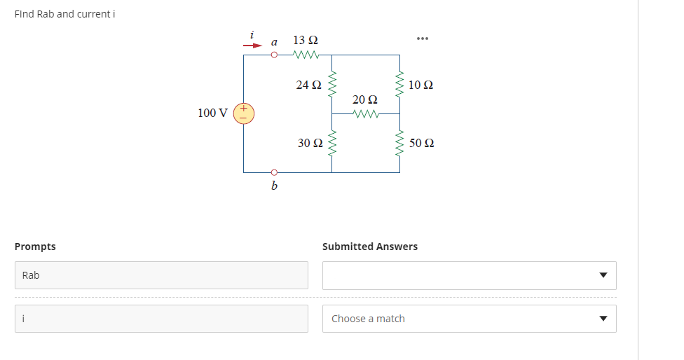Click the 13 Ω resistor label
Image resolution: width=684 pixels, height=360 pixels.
click(307, 39)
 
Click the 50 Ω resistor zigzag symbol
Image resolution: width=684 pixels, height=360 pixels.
click(400, 143)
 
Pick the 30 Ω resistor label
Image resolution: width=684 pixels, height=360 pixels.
click(310, 143)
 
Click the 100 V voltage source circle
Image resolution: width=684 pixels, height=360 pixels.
click(244, 113)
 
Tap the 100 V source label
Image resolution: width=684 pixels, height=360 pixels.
click(212, 113)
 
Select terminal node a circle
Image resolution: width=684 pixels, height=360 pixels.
click(275, 55)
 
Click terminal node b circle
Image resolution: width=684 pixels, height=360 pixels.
click(275, 172)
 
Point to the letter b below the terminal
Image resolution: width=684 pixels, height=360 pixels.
click(274, 186)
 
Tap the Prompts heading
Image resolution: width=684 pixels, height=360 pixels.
click(35, 247)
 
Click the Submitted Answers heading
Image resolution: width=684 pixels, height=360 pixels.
click(369, 247)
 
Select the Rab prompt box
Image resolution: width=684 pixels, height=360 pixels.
click(161, 275)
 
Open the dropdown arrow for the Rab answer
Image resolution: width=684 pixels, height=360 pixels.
click(602, 275)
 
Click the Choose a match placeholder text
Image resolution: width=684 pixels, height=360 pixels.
click(368, 319)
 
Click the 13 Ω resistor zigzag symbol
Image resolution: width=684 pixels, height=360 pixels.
click(307, 55)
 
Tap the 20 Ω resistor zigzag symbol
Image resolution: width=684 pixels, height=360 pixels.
click(366, 113)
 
